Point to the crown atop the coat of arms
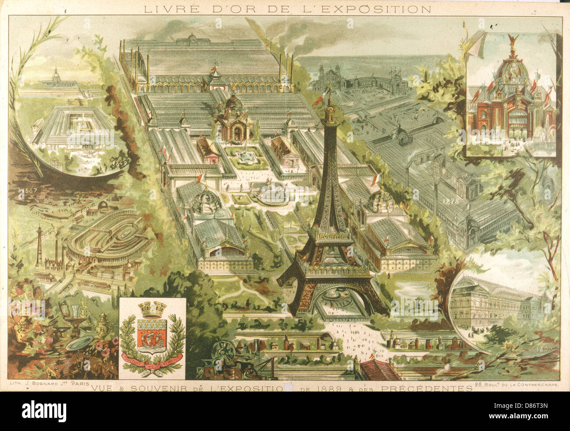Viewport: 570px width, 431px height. (x=152, y=310)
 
